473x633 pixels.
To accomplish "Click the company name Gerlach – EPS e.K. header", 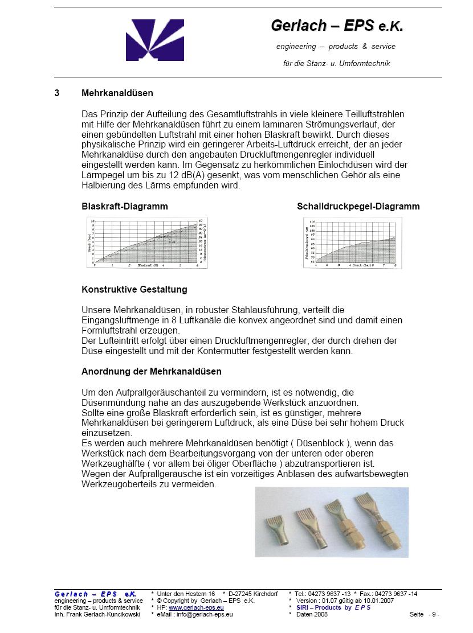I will (337, 26).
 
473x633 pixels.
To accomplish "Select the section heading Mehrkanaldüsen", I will (117, 93).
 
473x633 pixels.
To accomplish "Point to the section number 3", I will (57, 93).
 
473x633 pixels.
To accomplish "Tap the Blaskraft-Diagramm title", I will (125, 206).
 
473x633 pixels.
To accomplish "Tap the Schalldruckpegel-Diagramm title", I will (358, 206).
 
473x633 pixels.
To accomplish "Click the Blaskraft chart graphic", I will (145, 243).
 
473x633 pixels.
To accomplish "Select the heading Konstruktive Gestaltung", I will (134, 289).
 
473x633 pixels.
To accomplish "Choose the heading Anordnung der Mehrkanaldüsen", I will (152, 371).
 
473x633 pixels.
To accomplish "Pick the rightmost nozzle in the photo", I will (374, 515).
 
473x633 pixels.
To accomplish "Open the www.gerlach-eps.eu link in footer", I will (196, 607).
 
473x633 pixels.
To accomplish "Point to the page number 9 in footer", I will (434, 614).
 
